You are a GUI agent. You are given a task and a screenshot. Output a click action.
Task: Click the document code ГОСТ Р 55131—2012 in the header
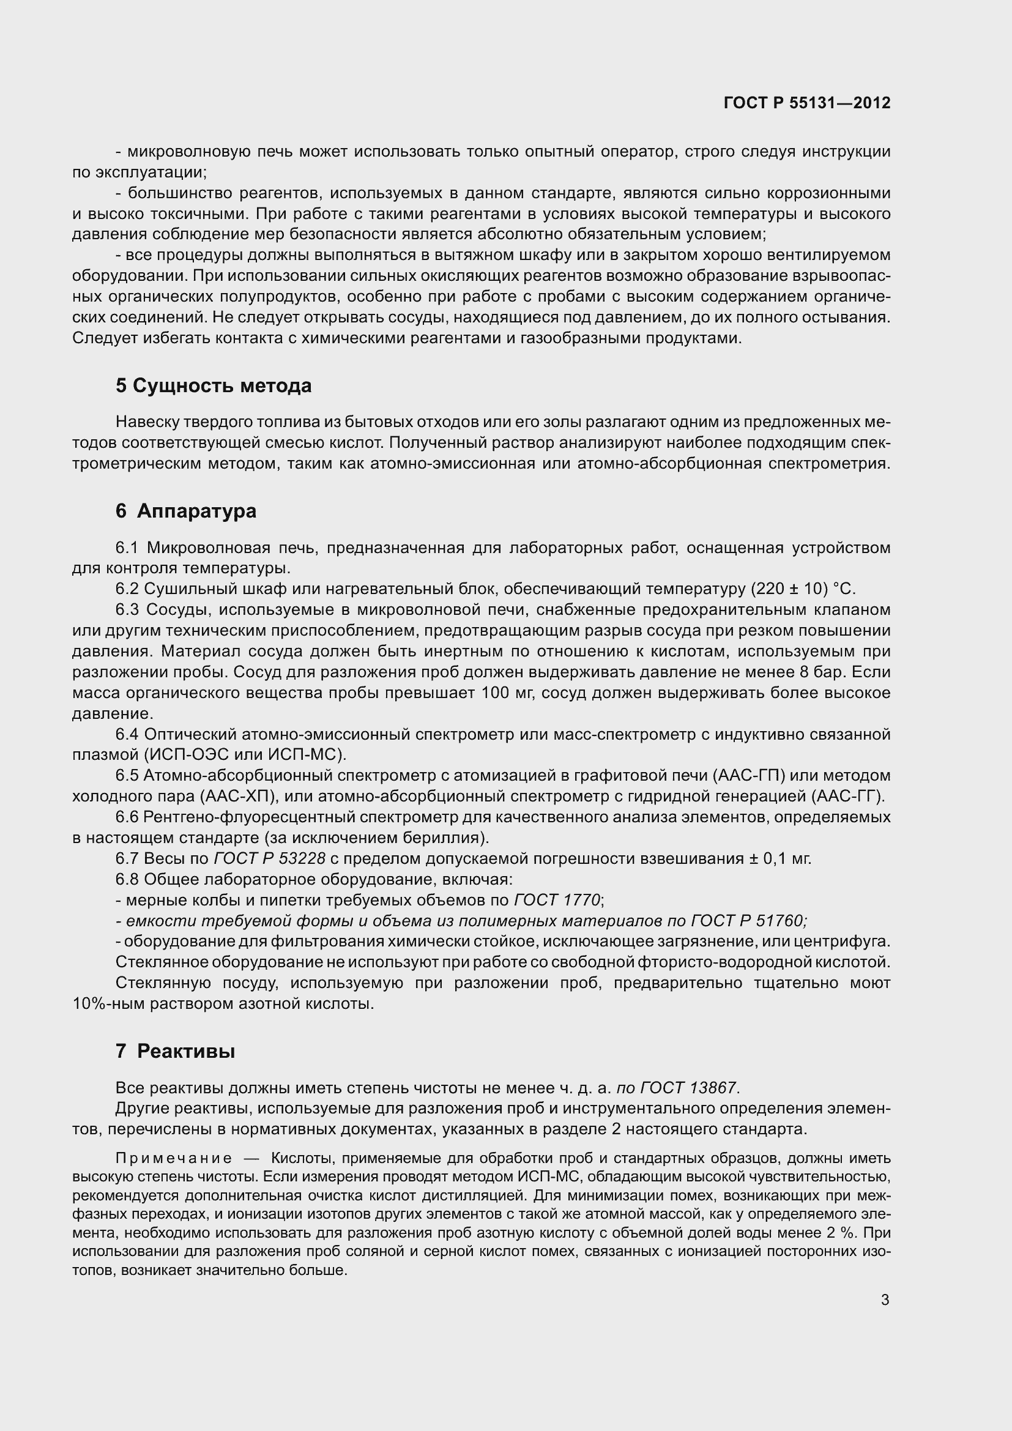pyautogui.click(x=806, y=103)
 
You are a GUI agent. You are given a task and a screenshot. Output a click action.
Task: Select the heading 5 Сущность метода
pyautogui.click(x=213, y=386)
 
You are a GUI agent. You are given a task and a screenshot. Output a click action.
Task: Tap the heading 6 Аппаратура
pyautogui.click(x=186, y=511)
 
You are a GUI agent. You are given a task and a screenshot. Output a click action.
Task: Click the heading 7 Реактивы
pyautogui.click(x=175, y=1052)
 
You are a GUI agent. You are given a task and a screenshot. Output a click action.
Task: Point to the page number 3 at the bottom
pyautogui.click(x=885, y=1300)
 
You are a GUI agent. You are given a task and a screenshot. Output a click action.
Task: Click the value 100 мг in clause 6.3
pyautogui.click(x=507, y=693)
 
